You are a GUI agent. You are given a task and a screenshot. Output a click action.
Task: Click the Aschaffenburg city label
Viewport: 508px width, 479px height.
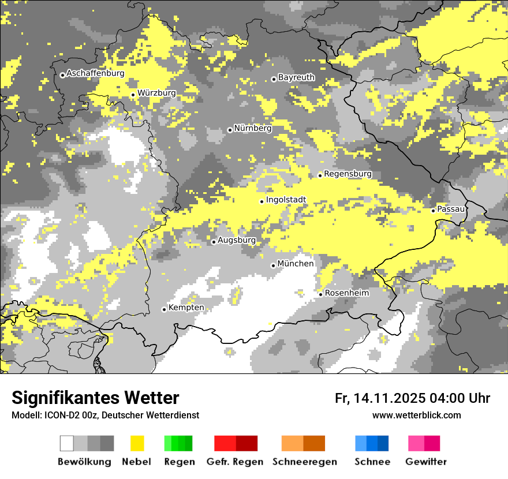pos(95,73)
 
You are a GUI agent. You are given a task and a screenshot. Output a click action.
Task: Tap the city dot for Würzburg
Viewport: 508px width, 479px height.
pos(133,95)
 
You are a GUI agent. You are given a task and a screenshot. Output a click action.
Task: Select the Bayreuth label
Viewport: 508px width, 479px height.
pos(296,77)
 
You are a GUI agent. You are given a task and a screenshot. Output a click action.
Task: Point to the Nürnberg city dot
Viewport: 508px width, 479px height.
pos(230,130)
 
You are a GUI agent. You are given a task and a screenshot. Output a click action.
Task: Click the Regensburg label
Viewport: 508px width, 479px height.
pos(348,174)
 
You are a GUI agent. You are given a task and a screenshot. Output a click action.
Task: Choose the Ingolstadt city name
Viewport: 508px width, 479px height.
pos(286,200)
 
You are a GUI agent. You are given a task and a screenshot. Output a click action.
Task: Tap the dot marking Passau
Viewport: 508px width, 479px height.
pos(433,211)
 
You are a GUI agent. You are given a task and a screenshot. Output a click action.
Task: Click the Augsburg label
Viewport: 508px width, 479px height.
pos(237,240)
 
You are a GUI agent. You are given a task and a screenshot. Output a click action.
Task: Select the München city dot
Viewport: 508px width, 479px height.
pos(274,265)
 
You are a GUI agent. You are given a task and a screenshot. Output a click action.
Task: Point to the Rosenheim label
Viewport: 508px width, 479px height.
pos(346,293)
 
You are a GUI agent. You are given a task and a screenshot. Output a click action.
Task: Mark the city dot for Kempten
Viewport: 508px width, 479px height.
pos(164,309)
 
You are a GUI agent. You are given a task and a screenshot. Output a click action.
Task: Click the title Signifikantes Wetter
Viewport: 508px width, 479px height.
pos(95,398)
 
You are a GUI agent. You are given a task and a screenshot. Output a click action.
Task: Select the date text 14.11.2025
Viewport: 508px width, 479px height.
pos(390,398)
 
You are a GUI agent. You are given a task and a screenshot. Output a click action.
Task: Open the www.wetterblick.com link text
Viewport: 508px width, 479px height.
pos(416,415)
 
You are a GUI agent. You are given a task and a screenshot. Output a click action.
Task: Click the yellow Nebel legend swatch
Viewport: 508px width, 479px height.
pos(137,443)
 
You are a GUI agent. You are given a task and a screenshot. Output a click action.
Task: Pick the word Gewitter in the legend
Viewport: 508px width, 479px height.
pos(426,462)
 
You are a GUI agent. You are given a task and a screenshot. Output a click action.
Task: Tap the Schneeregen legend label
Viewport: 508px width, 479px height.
pos(304,462)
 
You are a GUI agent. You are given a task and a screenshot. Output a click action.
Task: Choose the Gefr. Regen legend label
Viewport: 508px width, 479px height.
pos(234,462)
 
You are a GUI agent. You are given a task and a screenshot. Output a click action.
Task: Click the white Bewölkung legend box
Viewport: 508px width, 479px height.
pos(67,443)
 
